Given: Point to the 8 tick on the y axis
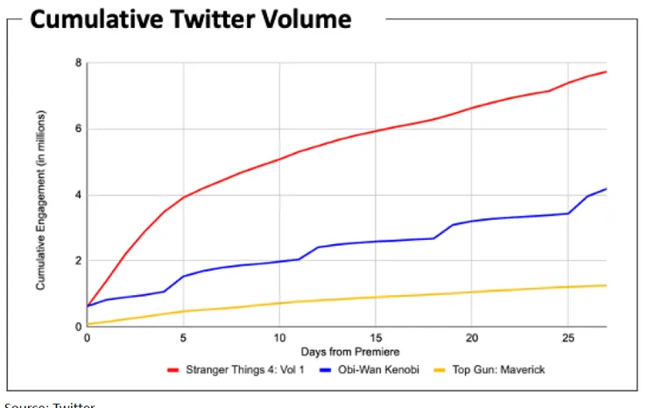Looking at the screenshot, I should (78, 63).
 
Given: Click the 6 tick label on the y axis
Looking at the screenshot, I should (78, 129).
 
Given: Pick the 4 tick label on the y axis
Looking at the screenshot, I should (78, 195).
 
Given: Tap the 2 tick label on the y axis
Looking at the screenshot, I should (78, 261).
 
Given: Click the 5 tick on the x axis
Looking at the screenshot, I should (183, 337).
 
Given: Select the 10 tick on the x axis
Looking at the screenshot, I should (278, 337).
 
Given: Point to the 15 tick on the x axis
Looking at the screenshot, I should (375, 337).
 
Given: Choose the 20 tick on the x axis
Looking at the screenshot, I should (471, 337).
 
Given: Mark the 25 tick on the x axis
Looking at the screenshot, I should (567, 337).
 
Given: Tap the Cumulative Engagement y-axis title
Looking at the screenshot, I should (40, 200).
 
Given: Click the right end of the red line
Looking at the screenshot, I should (606, 72).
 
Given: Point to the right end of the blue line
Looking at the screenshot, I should (606, 189).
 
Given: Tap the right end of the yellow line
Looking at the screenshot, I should (606, 285).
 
